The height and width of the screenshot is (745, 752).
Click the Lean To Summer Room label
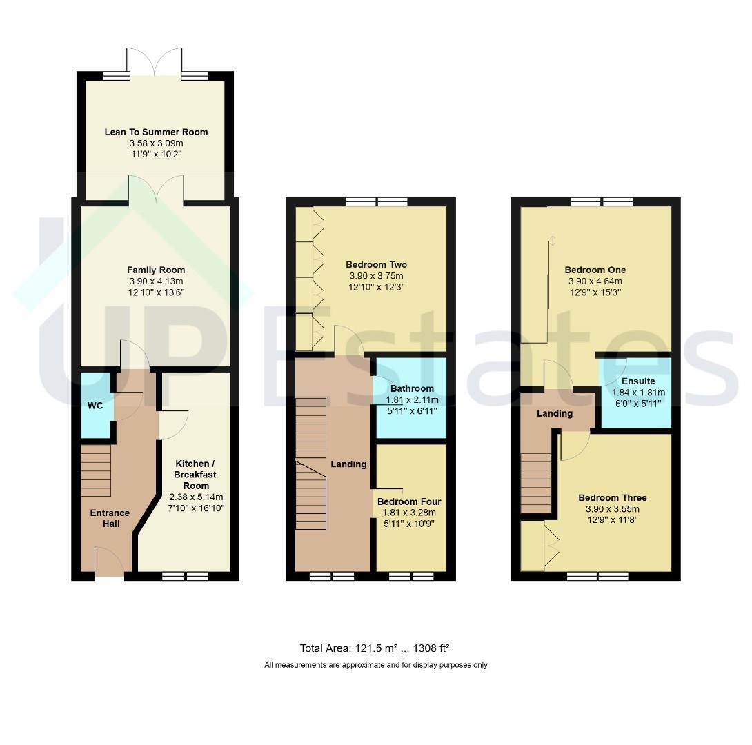[157, 132]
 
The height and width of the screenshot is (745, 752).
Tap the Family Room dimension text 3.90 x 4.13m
[156, 281]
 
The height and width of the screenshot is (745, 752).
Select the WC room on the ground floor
[96, 406]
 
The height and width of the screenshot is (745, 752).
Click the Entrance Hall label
[110, 518]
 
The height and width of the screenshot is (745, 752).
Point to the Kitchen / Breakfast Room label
[196, 475]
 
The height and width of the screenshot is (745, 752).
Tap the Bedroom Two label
[377, 264]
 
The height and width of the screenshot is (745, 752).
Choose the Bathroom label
[412, 388]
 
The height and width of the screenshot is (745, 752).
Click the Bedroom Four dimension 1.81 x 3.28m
[409, 513]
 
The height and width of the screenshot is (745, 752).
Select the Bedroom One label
[595, 270]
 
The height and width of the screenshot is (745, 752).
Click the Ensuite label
[638, 381]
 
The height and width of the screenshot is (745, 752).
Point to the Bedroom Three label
[613, 497]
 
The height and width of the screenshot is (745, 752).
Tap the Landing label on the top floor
[555, 413]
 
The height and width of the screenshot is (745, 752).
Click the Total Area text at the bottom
[374, 648]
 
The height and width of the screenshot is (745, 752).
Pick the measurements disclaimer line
[376, 665]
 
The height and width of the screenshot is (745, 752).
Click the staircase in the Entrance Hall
[96, 470]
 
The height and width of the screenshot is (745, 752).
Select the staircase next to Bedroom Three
[536, 484]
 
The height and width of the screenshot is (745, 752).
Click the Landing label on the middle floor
[348, 464]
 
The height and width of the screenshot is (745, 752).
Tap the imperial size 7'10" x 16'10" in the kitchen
[196, 508]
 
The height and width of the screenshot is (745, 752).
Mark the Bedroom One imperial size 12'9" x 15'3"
[595, 292]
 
